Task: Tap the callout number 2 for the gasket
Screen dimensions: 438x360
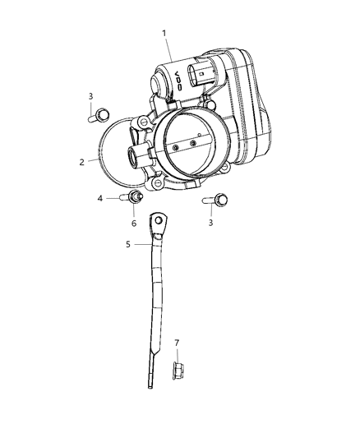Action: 82,162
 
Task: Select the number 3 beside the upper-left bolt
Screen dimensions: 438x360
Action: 90,97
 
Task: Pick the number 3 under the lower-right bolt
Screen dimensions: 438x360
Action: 212,223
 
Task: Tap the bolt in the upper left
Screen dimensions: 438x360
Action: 100,113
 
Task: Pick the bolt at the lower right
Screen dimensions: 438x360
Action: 219,199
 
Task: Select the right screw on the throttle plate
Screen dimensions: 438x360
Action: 193,145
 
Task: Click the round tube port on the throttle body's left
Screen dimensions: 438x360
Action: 132,154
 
